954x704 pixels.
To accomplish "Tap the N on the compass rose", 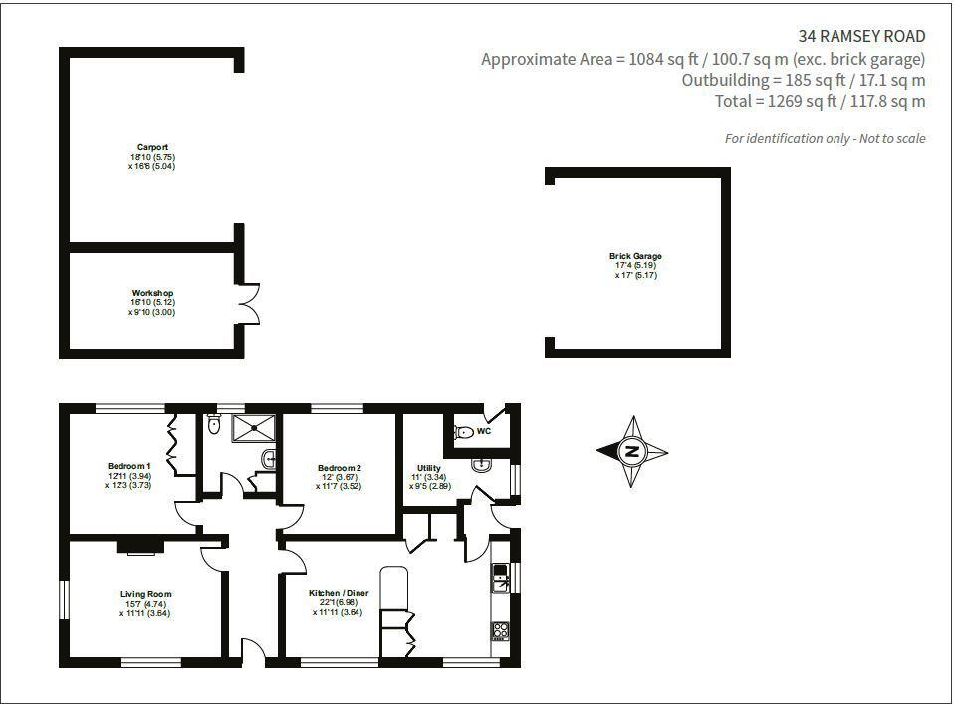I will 631,451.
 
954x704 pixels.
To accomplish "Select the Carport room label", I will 152,147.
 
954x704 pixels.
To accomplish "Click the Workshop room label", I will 152,293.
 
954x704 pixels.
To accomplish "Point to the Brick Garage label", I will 635,256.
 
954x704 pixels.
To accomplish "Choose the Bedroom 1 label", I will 128,465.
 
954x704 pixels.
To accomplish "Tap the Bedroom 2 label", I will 339,468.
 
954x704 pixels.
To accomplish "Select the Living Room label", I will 145,594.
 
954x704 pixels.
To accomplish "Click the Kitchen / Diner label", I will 339,593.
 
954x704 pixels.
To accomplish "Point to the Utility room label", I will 428,467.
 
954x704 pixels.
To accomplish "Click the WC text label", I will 484,432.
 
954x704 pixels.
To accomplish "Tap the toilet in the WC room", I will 463,432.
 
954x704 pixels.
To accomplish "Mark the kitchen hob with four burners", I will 499,629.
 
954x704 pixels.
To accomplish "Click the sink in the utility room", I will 480,464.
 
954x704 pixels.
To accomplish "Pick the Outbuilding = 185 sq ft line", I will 803,80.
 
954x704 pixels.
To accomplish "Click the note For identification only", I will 825,138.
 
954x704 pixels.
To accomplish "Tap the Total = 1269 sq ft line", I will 820,101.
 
